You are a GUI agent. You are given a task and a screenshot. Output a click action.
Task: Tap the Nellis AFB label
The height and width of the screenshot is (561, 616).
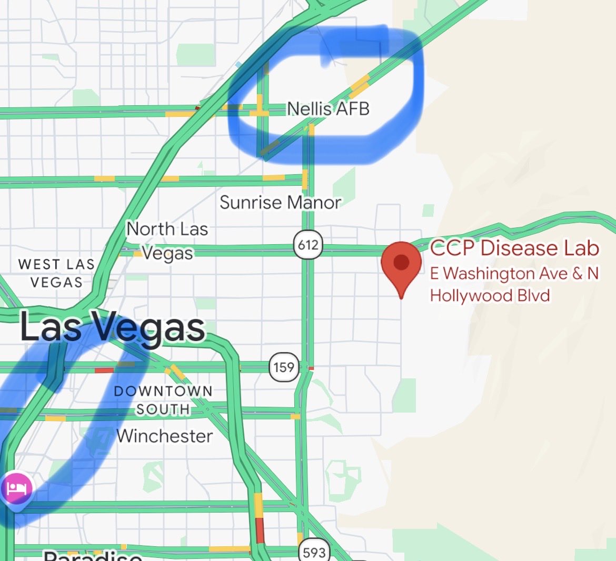328,109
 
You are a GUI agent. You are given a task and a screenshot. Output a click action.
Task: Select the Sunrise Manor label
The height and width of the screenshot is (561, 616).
280,203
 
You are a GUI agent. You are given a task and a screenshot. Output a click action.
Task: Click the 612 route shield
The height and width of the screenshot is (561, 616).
307,245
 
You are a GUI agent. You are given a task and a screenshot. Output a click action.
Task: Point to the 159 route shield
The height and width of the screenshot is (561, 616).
284,366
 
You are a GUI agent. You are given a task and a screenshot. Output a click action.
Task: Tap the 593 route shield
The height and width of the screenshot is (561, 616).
314,552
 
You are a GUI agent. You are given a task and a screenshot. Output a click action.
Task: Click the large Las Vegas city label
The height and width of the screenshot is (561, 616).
112,328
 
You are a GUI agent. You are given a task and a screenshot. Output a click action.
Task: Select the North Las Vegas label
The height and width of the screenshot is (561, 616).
167,241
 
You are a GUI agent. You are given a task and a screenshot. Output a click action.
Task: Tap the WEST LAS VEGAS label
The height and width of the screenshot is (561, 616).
56,273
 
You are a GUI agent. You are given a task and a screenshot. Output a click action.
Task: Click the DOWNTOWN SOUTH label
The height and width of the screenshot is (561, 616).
163,400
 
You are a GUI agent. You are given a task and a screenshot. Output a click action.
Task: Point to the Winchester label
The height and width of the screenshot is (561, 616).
165,436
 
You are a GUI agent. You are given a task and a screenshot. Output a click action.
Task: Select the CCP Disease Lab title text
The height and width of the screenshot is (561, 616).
514,248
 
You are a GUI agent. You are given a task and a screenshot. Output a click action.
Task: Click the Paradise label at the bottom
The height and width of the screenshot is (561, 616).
93,556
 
